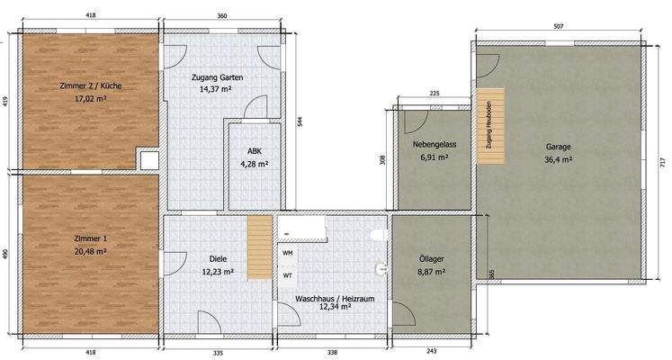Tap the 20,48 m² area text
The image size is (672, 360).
pyautogui.click(x=91, y=251)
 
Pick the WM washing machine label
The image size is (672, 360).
pyautogui.click(x=288, y=253)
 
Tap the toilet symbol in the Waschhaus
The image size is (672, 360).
pyautogui.click(x=379, y=235)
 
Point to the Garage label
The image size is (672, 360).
pyautogui.click(x=558, y=147)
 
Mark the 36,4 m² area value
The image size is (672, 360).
pyautogui.click(x=558, y=160)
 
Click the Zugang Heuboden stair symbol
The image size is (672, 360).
pyautogui.click(x=490, y=126)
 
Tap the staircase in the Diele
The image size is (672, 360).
pyautogui.click(x=260, y=247)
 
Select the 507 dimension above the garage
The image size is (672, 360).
pyautogui.click(x=559, y=27)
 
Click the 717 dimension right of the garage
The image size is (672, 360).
pyautogui.click(x=664, y=165)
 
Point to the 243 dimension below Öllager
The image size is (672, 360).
pyautogui.click(x=431, y=352)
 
